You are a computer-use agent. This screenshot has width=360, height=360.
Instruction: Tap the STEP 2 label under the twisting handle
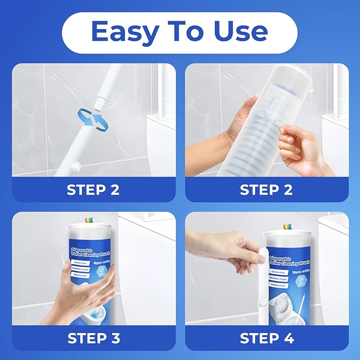pyautogui.click(x=93, y=190)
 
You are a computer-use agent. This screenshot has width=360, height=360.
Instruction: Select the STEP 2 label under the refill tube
pyautogui.click(x=267, y=190)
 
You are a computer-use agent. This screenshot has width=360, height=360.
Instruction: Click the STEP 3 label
pyautogui.click(x=93, y=338)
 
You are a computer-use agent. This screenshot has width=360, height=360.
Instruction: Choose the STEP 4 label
pyautogui.click(x=267, y=338)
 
